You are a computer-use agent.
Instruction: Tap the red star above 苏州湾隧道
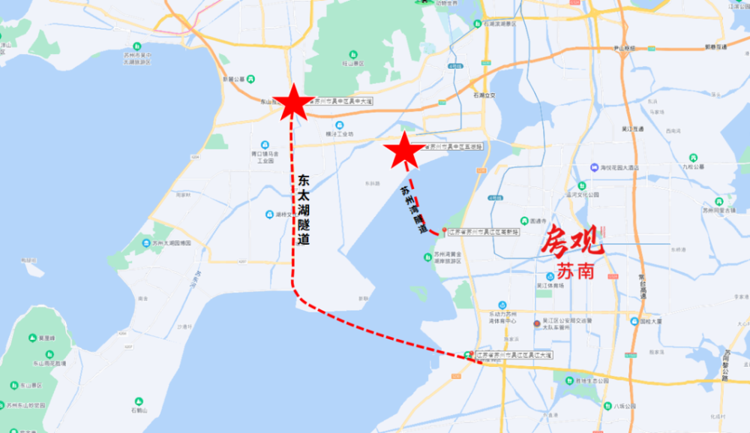404,150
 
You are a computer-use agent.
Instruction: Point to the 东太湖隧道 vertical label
303,211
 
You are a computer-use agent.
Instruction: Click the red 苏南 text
576,271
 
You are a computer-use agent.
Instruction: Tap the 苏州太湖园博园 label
171,243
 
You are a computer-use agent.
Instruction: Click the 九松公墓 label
694,166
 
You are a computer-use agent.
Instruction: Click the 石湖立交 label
484,96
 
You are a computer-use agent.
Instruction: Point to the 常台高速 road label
642,286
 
